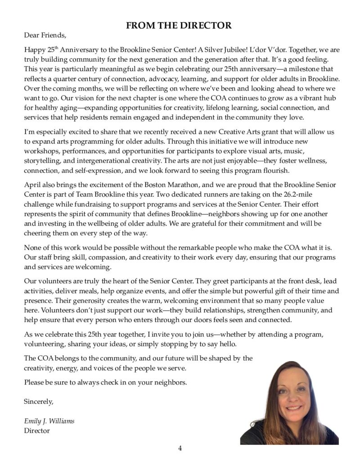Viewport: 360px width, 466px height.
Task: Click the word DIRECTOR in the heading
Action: (207, 26)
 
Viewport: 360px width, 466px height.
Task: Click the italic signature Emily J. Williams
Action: (49, 421)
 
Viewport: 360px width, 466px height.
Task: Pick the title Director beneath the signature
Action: (36, 431)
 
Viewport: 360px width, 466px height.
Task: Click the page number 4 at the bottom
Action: (180, 448)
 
